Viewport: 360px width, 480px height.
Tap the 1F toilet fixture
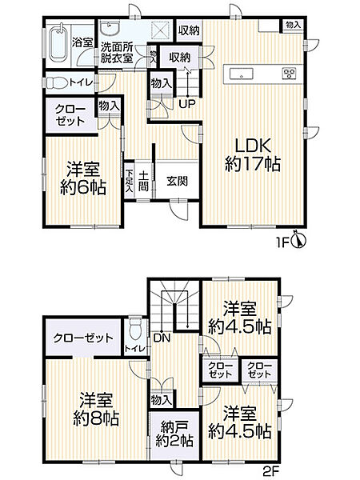50,82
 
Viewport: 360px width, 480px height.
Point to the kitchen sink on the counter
240,74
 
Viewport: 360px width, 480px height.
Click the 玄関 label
177,181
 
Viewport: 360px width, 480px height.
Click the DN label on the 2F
159,338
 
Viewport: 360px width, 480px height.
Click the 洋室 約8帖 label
96,409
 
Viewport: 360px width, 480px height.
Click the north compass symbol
298,238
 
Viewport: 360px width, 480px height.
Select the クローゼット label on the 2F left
83,338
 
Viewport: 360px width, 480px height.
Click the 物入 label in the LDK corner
293,25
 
